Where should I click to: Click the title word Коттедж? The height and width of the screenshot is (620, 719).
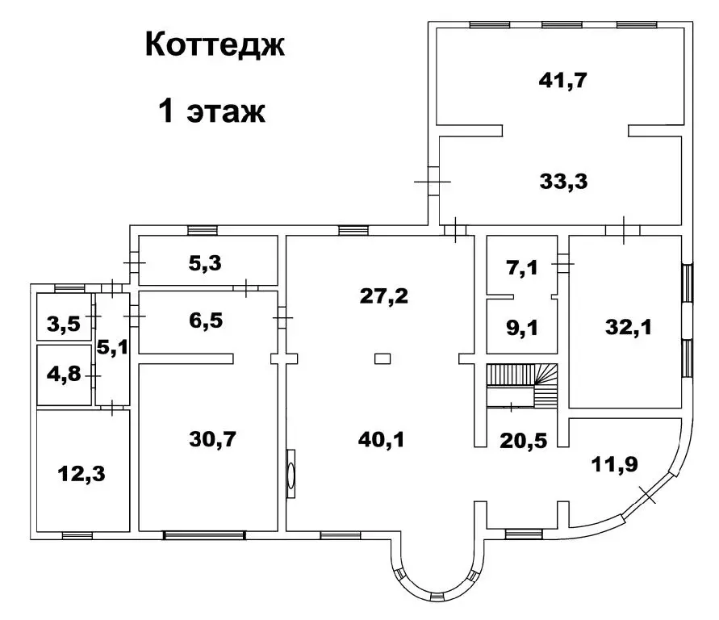[215, 45]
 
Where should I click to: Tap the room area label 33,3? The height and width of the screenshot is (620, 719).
[562, 181]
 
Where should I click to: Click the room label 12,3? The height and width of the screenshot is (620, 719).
[81, 472]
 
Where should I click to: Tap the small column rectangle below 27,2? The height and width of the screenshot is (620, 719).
[384, 358]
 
